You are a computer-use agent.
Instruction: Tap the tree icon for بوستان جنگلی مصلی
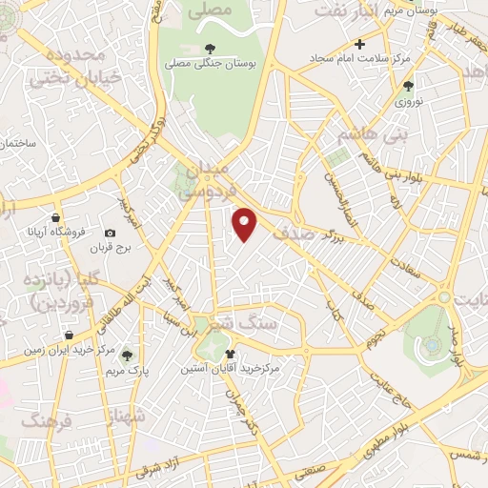[210, 49]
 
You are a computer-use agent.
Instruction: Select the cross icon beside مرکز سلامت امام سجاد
[359, 44]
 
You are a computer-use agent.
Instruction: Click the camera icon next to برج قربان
[110, 234]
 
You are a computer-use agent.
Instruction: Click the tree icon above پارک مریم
[127, 355]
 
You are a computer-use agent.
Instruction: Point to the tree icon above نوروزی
[409, 86]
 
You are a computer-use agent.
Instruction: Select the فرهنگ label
[46, 419]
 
